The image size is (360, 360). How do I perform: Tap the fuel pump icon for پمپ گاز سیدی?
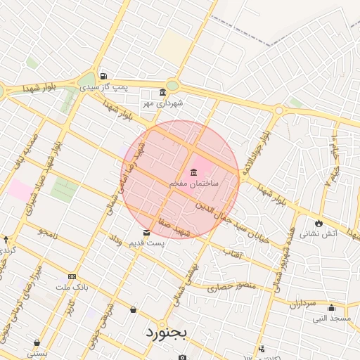click(x=104, y=77)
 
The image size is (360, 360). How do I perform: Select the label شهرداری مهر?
click(x=162, y=103)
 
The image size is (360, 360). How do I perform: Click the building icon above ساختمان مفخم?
click(x=193, y=173)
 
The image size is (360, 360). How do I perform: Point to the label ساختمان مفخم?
click(x=194, y=184)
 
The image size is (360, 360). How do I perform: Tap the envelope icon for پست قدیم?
click(x=146, y=233)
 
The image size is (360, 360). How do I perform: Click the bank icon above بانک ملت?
click(x=72, y=277)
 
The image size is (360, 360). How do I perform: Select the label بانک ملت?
click(x=72, y=288)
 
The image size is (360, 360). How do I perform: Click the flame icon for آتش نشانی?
click(x=319, y=223)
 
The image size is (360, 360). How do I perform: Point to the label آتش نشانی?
click(x=323, y=233)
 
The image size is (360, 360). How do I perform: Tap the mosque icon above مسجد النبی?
click(x=331, y=308)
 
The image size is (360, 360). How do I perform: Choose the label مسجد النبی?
click(x=332, y=319)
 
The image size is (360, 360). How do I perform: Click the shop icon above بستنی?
click(x=37, y=343)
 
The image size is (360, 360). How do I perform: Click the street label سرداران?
click(x=303, y=304)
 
